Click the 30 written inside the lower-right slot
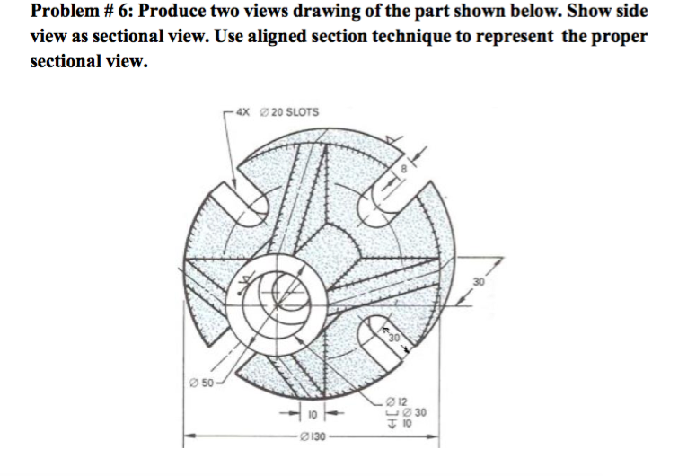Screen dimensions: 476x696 click(x=393, y=338)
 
